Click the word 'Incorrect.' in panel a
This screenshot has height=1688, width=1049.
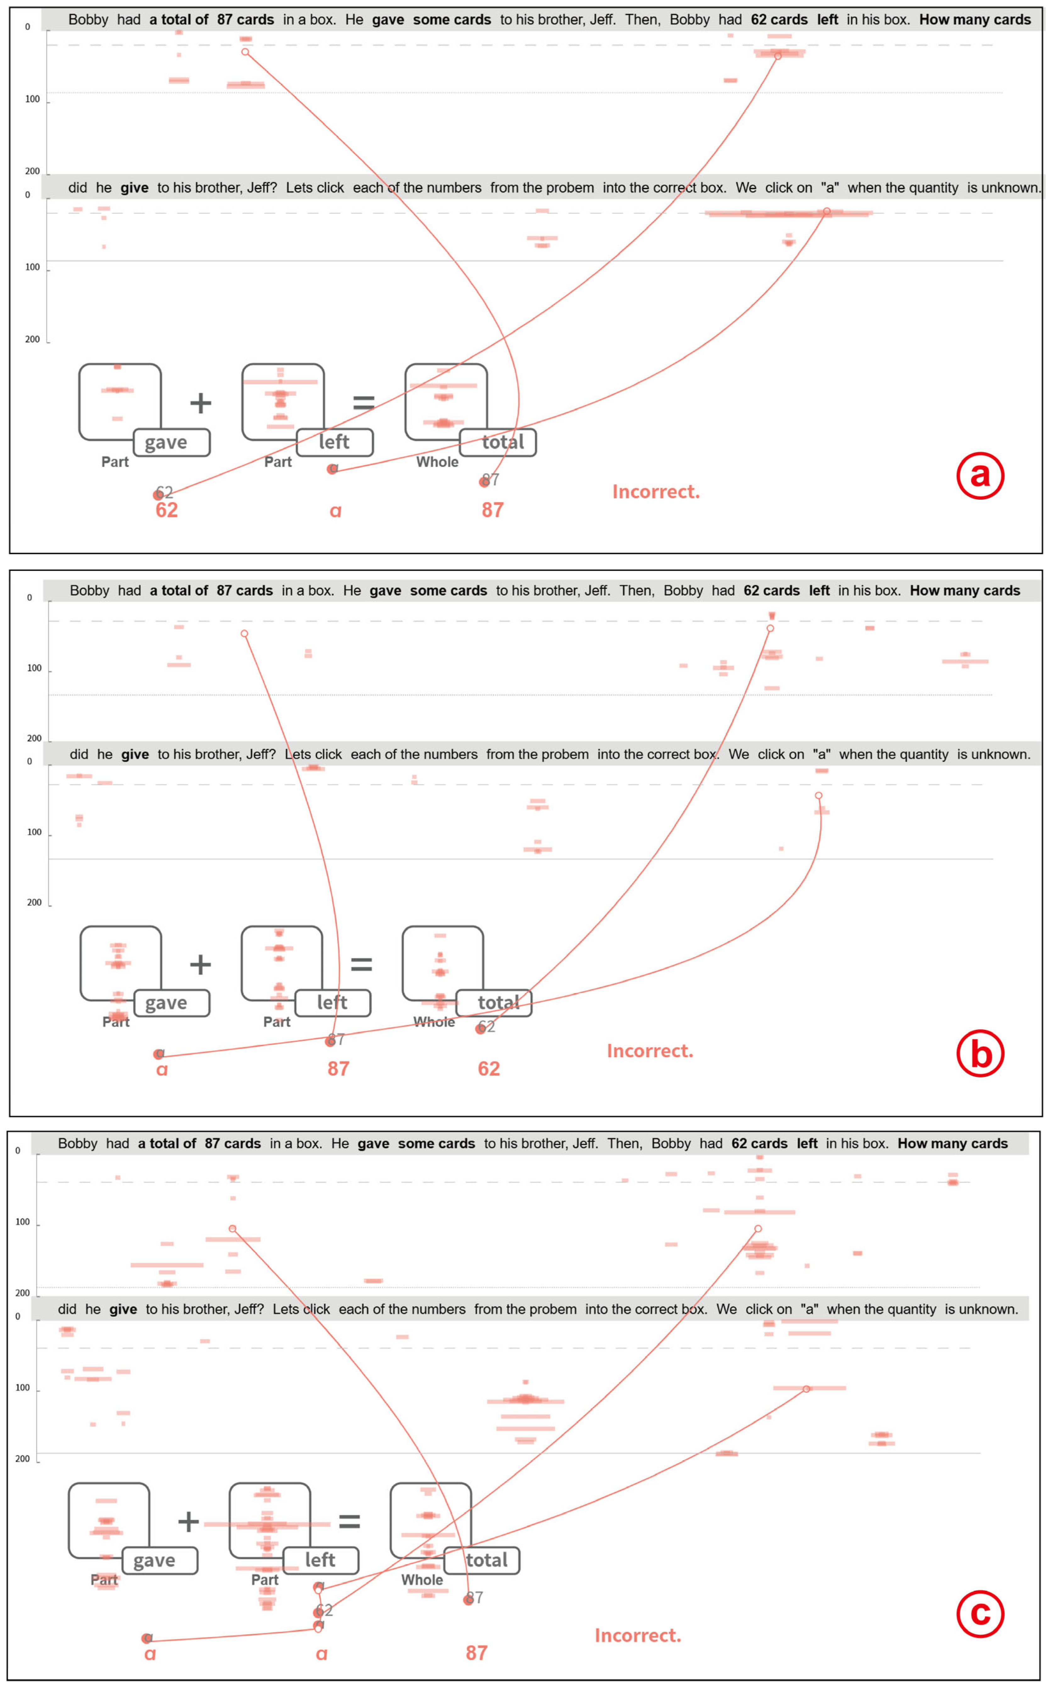coord(656,492)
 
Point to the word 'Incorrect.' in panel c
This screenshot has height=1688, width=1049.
coord(638,1636)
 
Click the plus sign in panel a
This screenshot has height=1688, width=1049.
coord(200,402)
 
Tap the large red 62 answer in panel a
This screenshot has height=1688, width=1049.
coord(166,510)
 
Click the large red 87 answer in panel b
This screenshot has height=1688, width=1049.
coord(338,1069)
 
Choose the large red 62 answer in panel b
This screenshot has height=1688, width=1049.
coord(488,1069)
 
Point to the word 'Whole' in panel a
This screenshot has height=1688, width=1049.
coord(437,462)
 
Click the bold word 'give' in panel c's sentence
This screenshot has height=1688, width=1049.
coord(123,1310)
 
